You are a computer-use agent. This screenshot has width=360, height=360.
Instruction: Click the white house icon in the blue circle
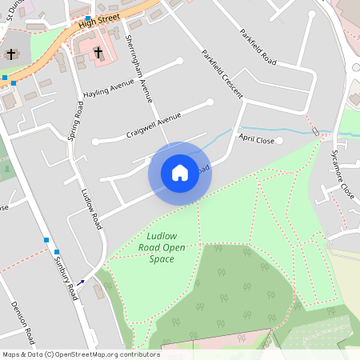pos(180,173)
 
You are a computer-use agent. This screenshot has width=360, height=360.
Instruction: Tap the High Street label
pos(99,21)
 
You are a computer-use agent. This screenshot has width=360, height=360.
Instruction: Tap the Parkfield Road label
pos(258,48)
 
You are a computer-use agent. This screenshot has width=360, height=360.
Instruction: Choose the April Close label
pos(256,141)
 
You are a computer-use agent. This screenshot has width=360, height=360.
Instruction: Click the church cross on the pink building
pos(98,53)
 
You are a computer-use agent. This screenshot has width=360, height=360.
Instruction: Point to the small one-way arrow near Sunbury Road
pos(81,282)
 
